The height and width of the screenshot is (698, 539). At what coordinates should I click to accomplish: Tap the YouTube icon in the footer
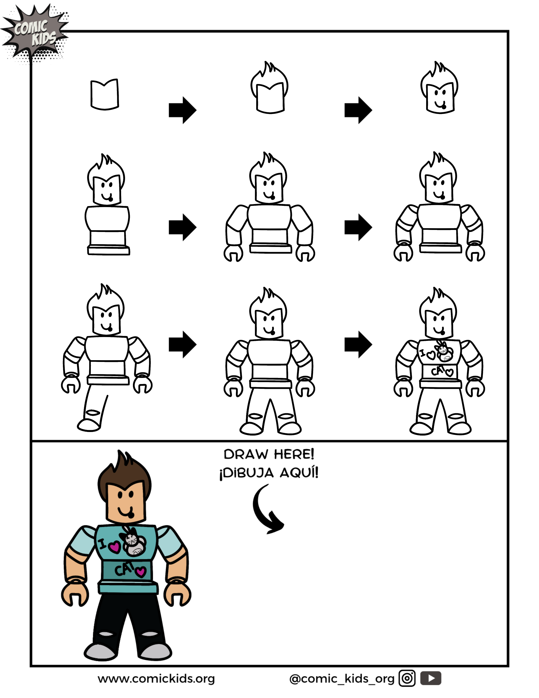(x=430, y=678)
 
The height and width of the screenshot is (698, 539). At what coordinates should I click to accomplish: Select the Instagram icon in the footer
(x=407, y=678)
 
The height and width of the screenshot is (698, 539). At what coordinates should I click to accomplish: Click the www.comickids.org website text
(x=156, y=678)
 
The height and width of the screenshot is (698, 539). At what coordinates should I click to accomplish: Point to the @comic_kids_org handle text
(x=342, y=678)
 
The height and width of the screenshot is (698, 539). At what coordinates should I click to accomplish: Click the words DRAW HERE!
(x=269, y=454)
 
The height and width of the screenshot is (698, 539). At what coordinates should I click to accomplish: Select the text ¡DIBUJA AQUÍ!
(x=269, y=473)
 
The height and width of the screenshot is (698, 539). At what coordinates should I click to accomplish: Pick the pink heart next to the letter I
(x=114, y=547)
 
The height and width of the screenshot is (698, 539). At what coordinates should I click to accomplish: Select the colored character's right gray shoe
(x=155, y=652)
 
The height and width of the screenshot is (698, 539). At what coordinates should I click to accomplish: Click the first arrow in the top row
(x=182, y=110)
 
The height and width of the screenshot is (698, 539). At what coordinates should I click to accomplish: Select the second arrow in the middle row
(x=358, y=227)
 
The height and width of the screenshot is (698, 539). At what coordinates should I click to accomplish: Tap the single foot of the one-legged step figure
(x=89, y=425)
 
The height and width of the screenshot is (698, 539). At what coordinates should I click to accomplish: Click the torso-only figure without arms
(x=107, y=224)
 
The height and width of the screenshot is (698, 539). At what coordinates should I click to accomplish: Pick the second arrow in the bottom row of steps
(x=358, y=344)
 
